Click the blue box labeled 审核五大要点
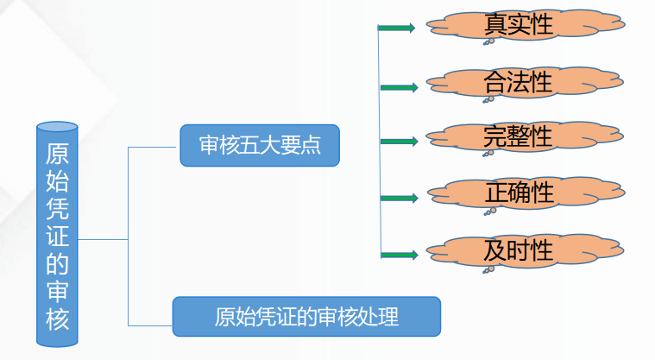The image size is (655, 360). point(259,146)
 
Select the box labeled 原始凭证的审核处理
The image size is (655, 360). point(306,316)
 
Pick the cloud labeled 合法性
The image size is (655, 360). point(517,83)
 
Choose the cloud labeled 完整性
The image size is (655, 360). point(517,137)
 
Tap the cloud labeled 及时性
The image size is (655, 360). point(517,251)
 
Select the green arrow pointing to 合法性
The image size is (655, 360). point(399,86)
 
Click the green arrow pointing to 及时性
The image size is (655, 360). point(399,255)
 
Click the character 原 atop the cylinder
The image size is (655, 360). point(58,153)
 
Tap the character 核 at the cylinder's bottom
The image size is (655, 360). point(58,319)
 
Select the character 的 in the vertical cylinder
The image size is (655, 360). point(58,263)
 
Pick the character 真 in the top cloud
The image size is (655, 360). point(495,24)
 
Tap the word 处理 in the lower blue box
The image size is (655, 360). point(379,316)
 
